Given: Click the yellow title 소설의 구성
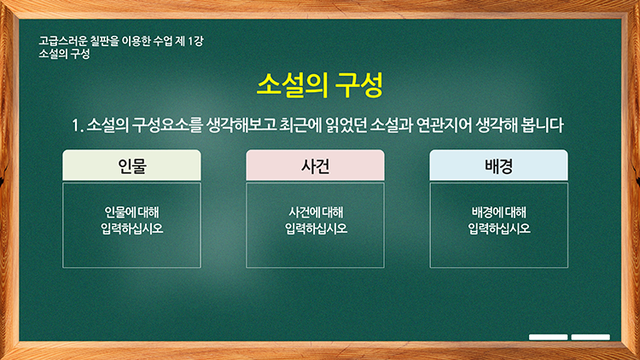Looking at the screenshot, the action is click(x=320, y=85).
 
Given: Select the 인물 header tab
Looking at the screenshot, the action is click(x=131, y=165).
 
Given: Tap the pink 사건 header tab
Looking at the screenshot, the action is click(x=315, y=165).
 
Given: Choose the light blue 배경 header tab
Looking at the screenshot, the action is click(x=499, y=165).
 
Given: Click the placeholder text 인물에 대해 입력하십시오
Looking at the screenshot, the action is click(x=131, y=220).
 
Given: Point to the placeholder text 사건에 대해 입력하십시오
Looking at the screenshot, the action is click(x=316, y=220).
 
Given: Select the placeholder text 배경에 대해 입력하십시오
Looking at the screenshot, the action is click(x=499, y=220).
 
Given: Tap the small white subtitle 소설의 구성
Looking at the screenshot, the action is click(x=64, y=54).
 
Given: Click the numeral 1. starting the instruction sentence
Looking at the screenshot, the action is click(x=78, y=125).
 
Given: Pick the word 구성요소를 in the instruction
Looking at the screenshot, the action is click(x=167, y=125).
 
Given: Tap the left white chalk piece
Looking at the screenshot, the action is click(x=548, y=337).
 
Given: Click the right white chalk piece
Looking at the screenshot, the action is click(x=591, y=337).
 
